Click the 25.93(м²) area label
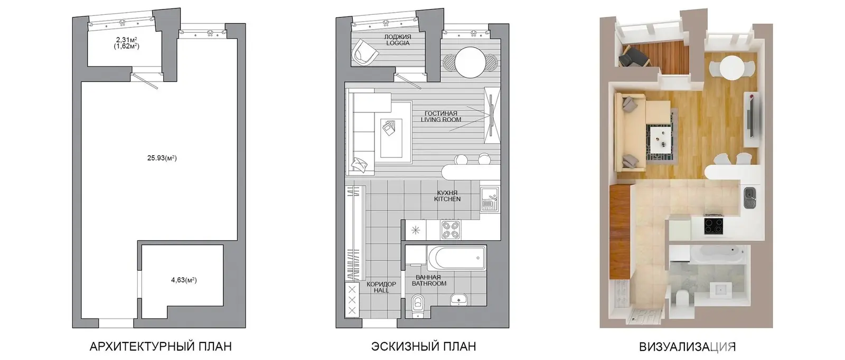point(162,158)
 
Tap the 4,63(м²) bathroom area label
point(184,280)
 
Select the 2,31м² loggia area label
point(126,40)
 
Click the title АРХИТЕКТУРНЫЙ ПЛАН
point(161,346)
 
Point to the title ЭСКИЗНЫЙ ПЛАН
point(424,346)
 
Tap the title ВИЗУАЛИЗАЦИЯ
point(687,347)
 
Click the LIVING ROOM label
point(441,120)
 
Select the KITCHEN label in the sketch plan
point(447,199)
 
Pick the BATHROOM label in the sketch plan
point(429,283)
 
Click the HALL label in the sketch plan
point(381,291)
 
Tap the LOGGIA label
point(398,43)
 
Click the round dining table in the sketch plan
point(471,62)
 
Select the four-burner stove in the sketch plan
point(450,230)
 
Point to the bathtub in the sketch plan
point(457,258)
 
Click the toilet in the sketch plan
point(418,306)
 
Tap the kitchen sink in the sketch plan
point(490,198)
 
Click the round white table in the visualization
point(731,68)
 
